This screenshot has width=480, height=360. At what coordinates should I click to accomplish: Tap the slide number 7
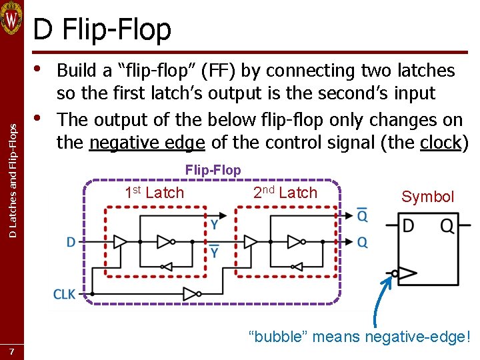click(x=11, y=351)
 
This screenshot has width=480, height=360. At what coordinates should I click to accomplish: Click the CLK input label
click(x=64, y=293)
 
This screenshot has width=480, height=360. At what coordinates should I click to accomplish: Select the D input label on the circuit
click(x=71, y=242)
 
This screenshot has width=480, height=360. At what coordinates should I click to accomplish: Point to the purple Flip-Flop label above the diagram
click(x=213, y=170)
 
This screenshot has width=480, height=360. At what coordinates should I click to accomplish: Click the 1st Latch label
click(x=154, y=193)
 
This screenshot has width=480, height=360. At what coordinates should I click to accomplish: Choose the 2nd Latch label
click(x=285, y=193)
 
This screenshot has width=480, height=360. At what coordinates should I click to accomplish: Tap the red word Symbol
click(x=427, y=197)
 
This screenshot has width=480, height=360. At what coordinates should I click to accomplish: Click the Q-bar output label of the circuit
click(x=362, y=215)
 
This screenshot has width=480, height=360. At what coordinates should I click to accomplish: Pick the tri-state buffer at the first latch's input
click(x=121, y=241)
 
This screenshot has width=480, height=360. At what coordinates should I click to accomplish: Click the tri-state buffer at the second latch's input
click(x=251, y=241)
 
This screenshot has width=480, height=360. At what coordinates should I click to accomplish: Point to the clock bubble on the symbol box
click(x=395, y=273)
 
